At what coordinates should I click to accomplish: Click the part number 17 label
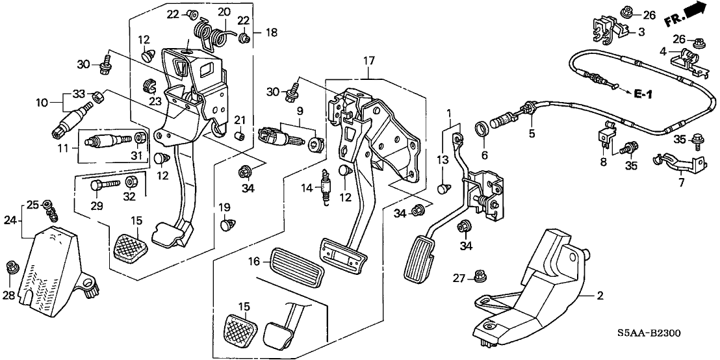tap(369, 62)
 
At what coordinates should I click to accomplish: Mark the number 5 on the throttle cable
tap(531, 134)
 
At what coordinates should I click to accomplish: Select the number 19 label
tap(224, 207)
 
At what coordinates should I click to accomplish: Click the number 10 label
tap(42, 103)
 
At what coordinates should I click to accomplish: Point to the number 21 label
tap(240, 119)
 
